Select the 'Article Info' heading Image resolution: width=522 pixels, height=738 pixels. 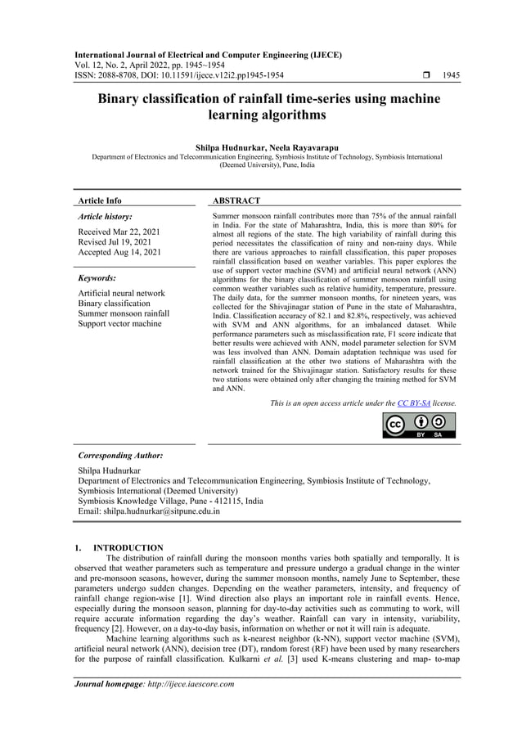99,200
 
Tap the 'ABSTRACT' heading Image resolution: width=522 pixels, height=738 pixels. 236,200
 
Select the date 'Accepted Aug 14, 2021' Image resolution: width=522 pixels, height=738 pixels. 119,253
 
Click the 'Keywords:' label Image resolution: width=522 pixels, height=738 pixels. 97,278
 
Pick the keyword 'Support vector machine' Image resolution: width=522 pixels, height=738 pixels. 119,324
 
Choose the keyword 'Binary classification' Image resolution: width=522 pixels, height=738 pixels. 114,304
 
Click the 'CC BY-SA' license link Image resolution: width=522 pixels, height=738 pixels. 414,403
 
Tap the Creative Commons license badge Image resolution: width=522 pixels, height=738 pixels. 419,425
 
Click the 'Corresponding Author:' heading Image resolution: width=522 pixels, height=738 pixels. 119,455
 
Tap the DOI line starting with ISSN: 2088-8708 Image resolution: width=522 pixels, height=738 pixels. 178,75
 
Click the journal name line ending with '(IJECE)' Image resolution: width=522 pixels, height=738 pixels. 209,55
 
